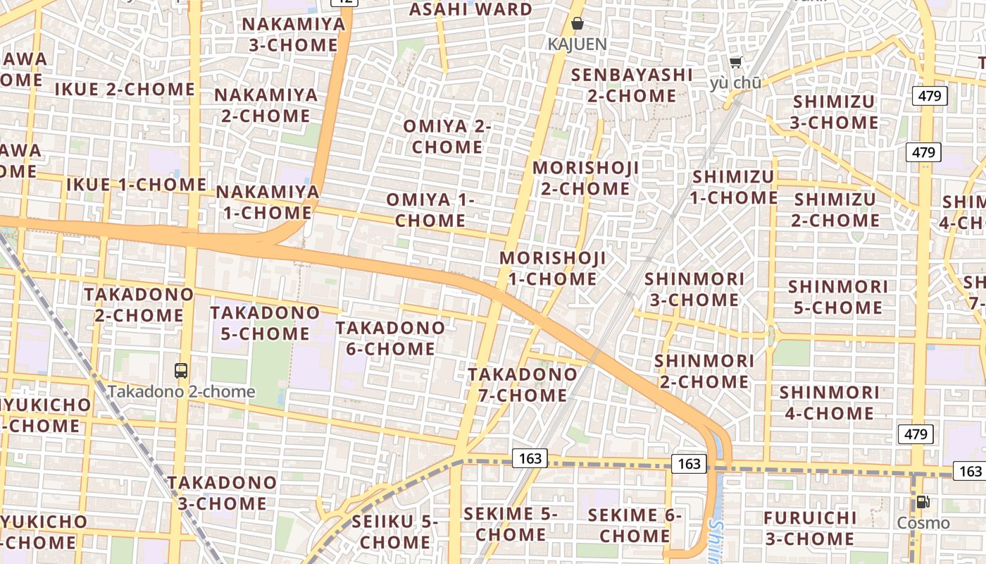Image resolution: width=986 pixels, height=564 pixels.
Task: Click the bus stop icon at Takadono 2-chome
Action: tap(181, 370)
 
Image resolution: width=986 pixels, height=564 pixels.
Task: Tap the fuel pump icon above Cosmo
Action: tap(923, 502)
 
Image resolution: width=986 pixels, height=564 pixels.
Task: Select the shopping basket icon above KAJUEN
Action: tap(578, 23)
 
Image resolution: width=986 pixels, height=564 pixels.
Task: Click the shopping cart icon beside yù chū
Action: tap(736, 63)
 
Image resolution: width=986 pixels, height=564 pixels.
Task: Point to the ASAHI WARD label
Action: tap(470, 9)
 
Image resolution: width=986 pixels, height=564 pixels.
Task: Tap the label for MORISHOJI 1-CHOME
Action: tap(553, 268)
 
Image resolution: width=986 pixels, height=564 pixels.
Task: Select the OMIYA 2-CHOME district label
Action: tap(447, 136)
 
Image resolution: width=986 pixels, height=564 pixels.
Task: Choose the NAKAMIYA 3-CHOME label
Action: tap(294, 34)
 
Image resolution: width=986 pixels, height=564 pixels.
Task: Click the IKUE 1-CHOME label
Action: tap(136, 185)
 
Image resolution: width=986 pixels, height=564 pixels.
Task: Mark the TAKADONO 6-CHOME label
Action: tap(390, 338)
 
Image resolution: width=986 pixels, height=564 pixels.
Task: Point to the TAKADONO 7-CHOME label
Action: tap(523, 384)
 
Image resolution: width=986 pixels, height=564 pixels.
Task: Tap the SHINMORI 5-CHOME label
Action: tap(837, 297)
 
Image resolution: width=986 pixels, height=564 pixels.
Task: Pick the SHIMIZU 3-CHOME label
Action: tap(834, 111)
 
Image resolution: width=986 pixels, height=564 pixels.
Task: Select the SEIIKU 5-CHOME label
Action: tap(394, 532)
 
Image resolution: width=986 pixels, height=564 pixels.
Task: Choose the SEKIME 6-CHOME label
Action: tap(635, 525)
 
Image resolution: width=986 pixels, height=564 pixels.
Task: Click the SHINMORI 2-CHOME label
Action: tap(704, 371)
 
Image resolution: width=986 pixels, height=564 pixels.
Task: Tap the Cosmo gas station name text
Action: tap(923, 523)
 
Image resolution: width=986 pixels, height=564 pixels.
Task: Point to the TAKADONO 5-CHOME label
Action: tap(265, 322)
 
